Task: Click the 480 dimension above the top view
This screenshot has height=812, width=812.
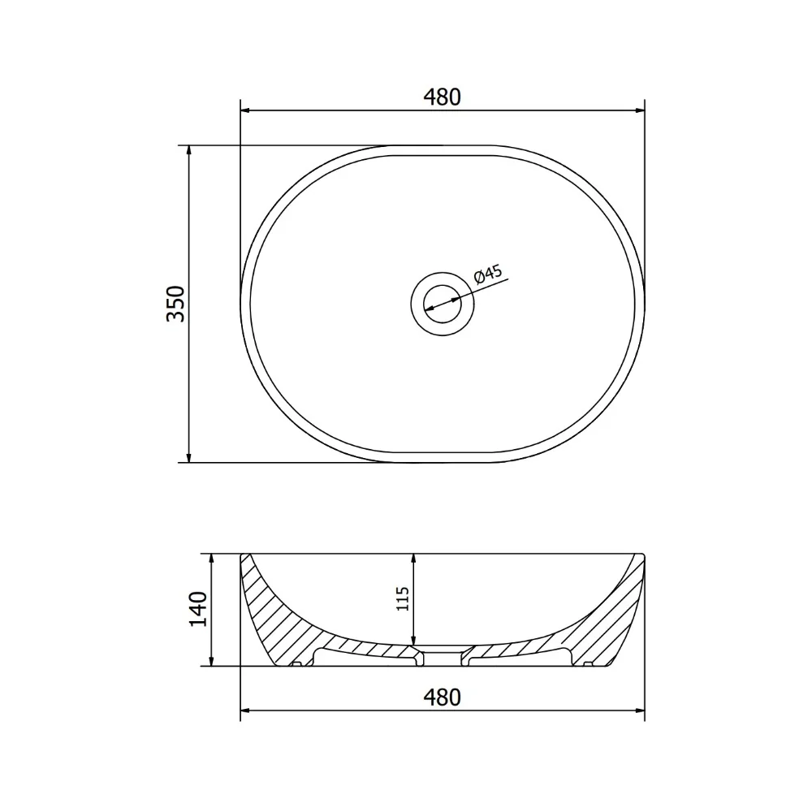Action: coord(442,97)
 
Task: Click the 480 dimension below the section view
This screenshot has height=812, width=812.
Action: coord(442,697)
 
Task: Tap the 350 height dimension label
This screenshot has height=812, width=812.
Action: coord(175,304)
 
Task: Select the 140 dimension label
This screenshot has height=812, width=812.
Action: coord(198,608)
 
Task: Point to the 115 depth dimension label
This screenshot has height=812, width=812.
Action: coord(403,598)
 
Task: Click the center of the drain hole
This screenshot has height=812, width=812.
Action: coord(443,304)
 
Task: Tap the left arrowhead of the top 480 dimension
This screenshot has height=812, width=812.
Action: coord(245,110)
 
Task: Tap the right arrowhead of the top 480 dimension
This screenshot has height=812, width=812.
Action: coord(640,110)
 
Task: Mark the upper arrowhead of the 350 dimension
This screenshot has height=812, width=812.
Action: coord(188,150)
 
